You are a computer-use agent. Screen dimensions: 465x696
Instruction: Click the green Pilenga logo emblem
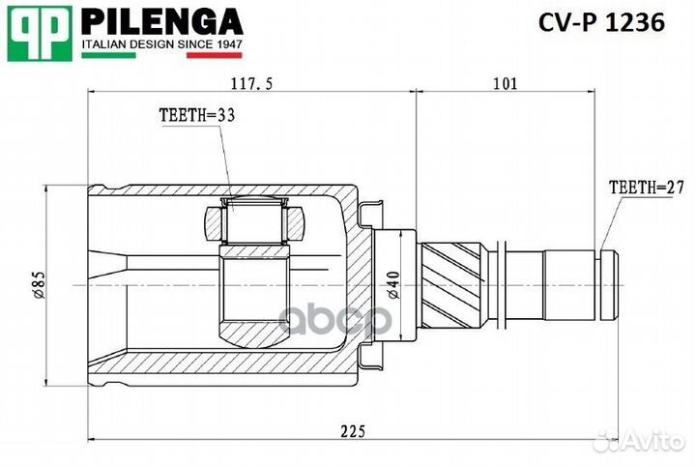coord(40,31)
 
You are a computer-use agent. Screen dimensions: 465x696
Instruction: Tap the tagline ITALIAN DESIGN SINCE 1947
coord(160,44)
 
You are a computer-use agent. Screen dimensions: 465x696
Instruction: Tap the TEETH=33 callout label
coord(197,114)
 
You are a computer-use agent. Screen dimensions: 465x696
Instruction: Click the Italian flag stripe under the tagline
coord(160,56)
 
